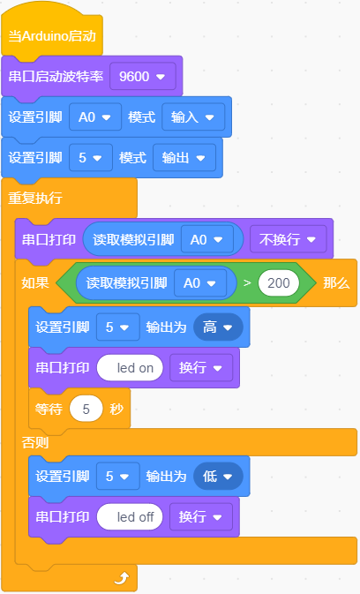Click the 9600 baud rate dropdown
143,77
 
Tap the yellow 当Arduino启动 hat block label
52,36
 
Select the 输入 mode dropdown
193,117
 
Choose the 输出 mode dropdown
184,158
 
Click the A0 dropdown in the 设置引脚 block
95,117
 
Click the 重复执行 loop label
35,198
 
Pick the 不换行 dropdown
288,239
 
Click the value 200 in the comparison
279,283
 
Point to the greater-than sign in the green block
247,283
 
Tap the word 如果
35,283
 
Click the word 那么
336,283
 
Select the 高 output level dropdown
218,327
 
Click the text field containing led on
130,368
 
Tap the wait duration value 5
86,409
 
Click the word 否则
35,442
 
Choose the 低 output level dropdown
218,477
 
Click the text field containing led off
130,516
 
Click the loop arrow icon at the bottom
122,578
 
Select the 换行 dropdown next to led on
201,368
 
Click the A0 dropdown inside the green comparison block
200,283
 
